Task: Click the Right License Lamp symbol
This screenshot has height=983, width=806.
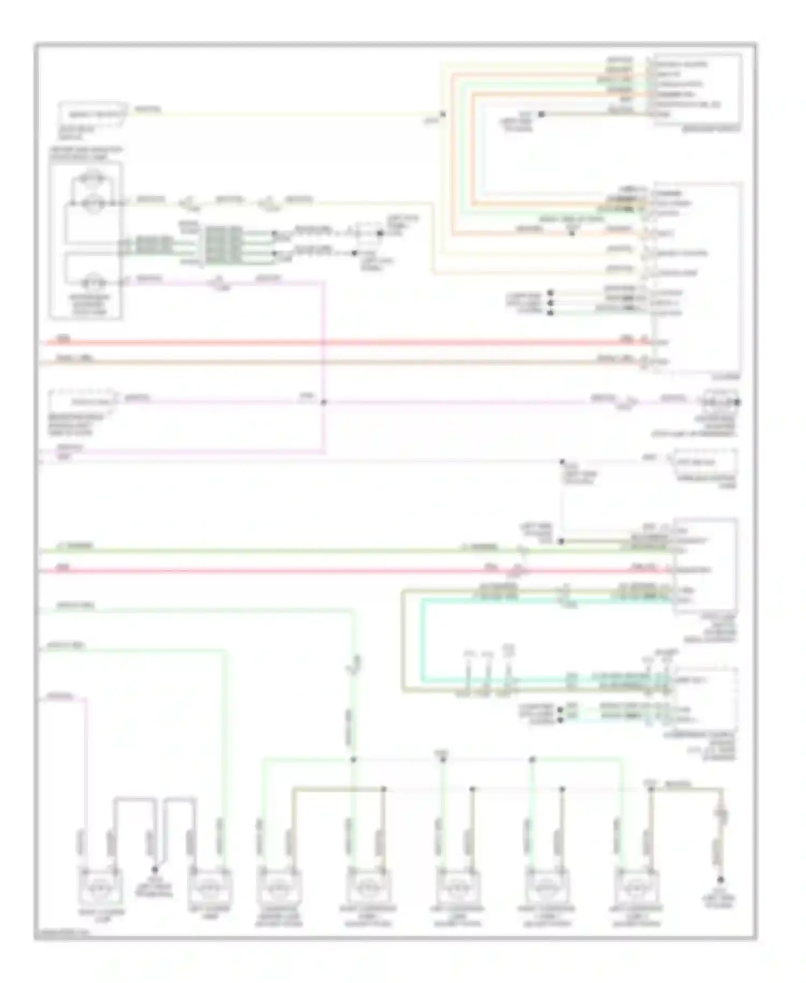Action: coord(100,886)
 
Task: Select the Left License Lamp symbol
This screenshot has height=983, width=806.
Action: coord(210,886)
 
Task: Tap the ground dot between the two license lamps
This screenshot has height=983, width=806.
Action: coord(155,870)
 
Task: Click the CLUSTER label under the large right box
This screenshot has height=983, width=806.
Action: coord(731,377)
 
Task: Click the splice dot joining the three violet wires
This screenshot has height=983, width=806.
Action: coord(323,402)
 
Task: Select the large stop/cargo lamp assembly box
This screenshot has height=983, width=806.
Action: coord(86,239)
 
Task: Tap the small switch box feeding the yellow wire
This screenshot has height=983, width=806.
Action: coord(93,114)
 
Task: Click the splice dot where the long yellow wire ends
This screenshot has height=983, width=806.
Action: coord(443,114)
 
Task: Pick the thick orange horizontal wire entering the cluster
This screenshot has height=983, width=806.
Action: coord(344,362)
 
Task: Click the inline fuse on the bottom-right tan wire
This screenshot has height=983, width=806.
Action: coord(723,816)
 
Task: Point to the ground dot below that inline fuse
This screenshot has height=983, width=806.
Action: coord(721,880)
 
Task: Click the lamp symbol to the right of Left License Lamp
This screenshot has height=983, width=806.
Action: coord(279,886)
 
